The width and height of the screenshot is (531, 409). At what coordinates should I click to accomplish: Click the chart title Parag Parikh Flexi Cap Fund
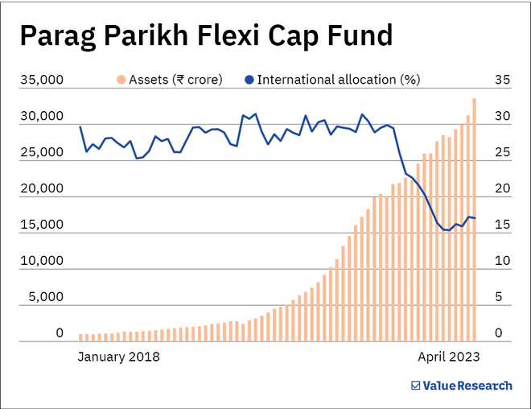[205, 35]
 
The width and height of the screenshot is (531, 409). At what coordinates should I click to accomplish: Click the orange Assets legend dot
[121, 80]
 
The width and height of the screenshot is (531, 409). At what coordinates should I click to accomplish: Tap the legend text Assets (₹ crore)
[175, 80]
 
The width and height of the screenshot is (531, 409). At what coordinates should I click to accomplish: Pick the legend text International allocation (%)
[338, 80]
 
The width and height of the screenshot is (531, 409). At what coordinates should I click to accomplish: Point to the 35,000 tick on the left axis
[42, 81]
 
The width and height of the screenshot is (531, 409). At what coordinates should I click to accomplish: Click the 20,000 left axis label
[42, 189]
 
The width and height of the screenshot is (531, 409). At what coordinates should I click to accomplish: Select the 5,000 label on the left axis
[45, 297]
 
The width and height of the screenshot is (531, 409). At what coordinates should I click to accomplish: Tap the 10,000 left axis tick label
[42, 261]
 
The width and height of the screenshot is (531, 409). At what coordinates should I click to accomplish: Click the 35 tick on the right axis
[502, 81]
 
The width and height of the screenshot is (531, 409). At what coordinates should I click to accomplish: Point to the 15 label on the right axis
[502, 225]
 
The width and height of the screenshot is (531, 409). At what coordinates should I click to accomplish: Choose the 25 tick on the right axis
[502, 153]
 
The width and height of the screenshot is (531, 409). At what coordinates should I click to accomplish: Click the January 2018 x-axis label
[118, 356]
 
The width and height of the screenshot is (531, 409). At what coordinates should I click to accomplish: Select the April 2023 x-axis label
[448, 356]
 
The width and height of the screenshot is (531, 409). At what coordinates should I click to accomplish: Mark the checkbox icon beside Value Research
[416, 386]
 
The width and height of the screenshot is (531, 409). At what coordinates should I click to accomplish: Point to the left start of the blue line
[80, 127]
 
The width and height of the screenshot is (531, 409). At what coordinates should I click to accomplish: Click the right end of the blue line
[475, 218]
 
